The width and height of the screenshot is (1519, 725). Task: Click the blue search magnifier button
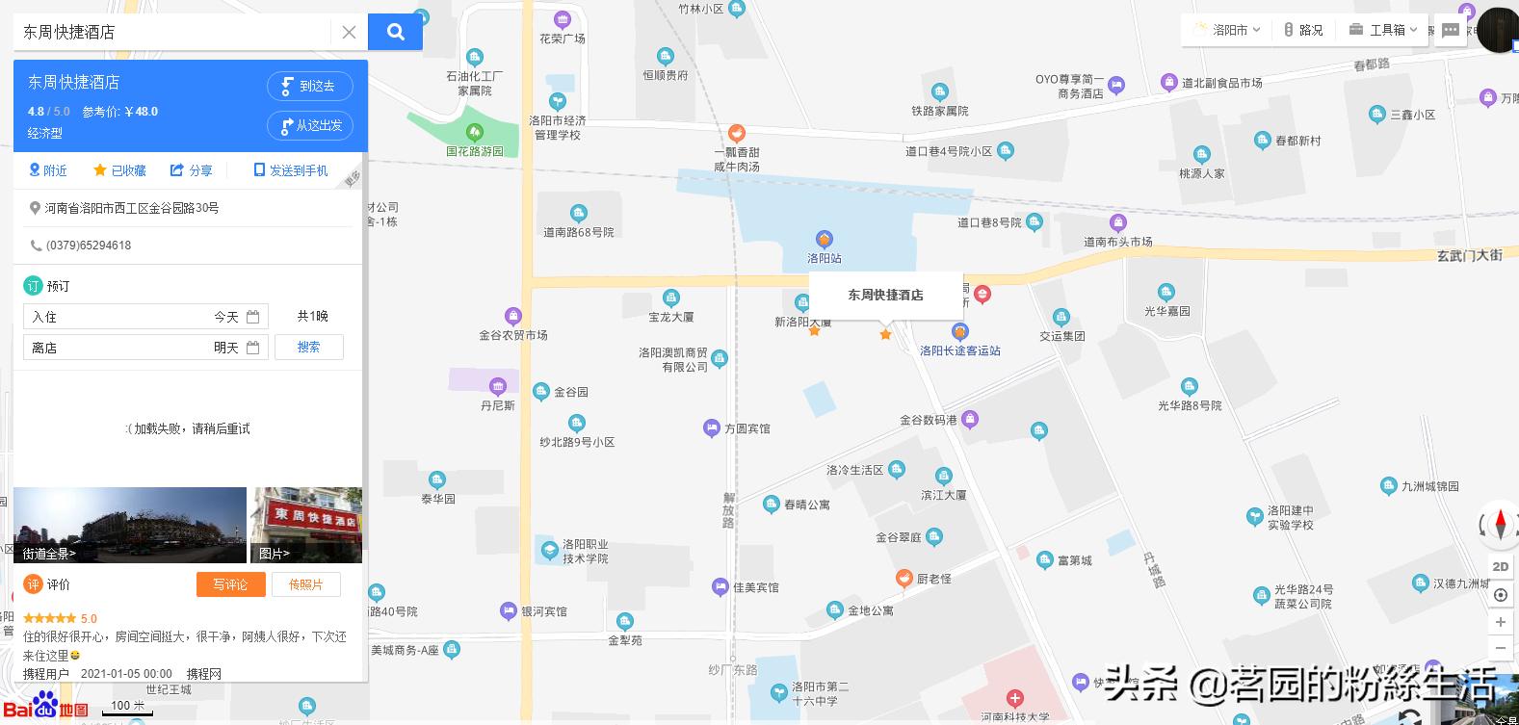(x=395, y=32)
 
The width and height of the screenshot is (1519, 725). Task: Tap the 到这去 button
(x=309, y=86)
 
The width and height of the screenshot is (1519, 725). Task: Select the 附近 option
(x=48, y=170)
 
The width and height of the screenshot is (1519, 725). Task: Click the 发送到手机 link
(x=291, y=170)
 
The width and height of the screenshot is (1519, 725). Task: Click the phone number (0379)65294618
(x=89, y=246)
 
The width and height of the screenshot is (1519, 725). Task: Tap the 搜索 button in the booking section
(x=308, y=348)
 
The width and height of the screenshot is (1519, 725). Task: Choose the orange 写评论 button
(x=230, y=584)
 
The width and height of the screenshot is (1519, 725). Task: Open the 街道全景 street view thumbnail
(x=130, y=525)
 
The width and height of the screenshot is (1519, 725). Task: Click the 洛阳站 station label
(x=825, y=258)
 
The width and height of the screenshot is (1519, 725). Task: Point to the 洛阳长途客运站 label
(x=959, y=350)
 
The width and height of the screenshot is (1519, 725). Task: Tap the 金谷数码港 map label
(x=929, y=420)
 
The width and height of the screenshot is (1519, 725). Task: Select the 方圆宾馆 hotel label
(x=746, y=428)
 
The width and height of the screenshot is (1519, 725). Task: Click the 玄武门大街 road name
(x=1469, y=255)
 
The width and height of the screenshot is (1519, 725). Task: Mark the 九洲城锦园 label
(x=1429, y=486)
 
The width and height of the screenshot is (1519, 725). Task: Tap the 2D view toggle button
(x=1500, y=566)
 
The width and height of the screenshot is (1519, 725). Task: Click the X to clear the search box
(x=349, y=32)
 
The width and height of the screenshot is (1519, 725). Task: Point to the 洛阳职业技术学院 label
(x=585, y=551)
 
